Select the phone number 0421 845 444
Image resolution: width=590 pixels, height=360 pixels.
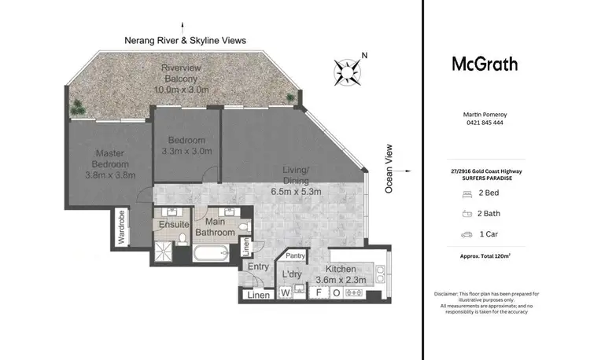[484, 123]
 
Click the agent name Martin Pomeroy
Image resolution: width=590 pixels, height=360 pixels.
[484, 115]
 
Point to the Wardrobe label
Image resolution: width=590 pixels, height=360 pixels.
[122, 228]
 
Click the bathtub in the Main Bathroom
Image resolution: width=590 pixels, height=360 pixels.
[211, 254]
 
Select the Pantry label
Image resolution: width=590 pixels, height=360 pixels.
[296, 255]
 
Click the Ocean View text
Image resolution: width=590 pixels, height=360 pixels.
[389, 168]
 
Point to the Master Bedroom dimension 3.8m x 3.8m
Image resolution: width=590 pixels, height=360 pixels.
[111, 174]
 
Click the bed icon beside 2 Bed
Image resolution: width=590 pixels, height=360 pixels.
[466, 192]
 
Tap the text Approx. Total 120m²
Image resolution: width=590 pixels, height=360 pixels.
[484, 256]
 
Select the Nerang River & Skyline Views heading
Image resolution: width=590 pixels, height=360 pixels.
[185, 40]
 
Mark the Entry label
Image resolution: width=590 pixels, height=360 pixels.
[258, 267]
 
